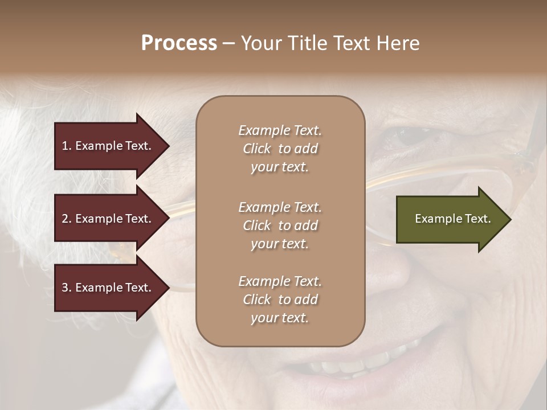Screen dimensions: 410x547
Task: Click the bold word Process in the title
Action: point(179,43)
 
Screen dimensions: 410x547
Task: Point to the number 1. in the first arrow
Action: point(67,146)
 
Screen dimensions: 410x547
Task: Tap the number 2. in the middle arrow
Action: point(67,219)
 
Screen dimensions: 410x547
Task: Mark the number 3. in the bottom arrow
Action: point(67,288)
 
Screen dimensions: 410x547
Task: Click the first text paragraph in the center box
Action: point(280,149)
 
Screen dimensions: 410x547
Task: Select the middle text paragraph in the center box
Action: point(280,225)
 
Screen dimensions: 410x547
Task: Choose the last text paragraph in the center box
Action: point(280,300)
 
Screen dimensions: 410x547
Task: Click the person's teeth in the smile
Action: point(365,362)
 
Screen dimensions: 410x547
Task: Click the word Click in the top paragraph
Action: point(257,149)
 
